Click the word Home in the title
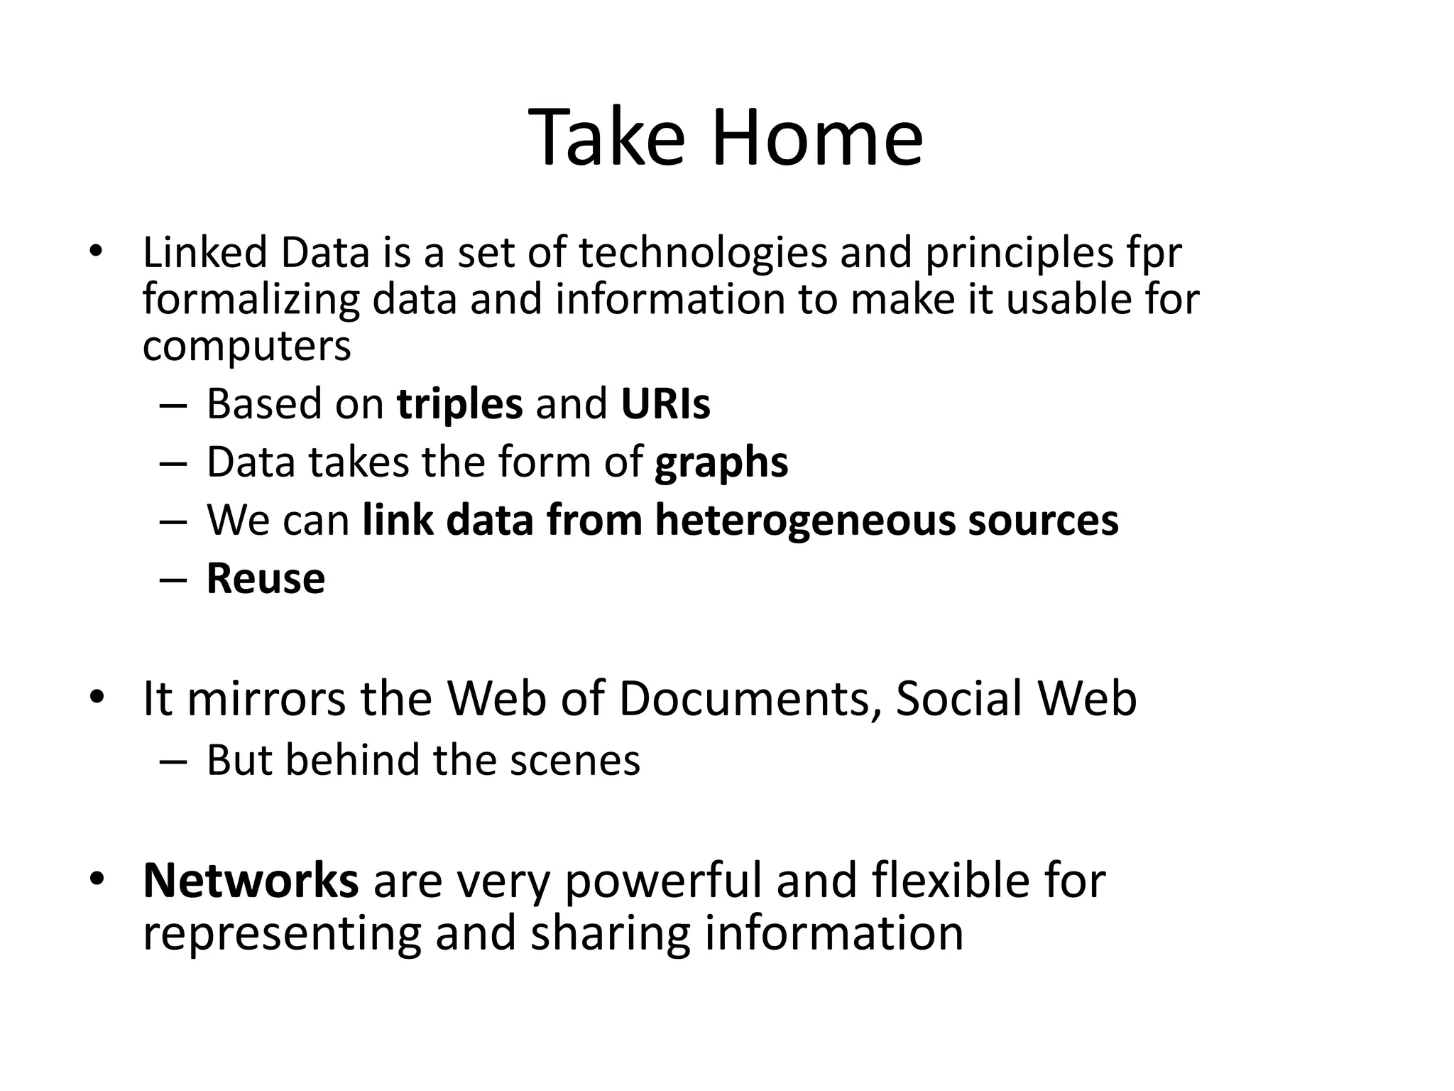coord(816,138)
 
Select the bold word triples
coord(459,405)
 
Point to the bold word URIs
coord(665,403)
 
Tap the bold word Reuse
coord(266,578)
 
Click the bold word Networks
coord(251,880)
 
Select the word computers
coord(246,346)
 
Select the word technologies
coord(703,253)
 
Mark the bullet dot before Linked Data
coord(97,251)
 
